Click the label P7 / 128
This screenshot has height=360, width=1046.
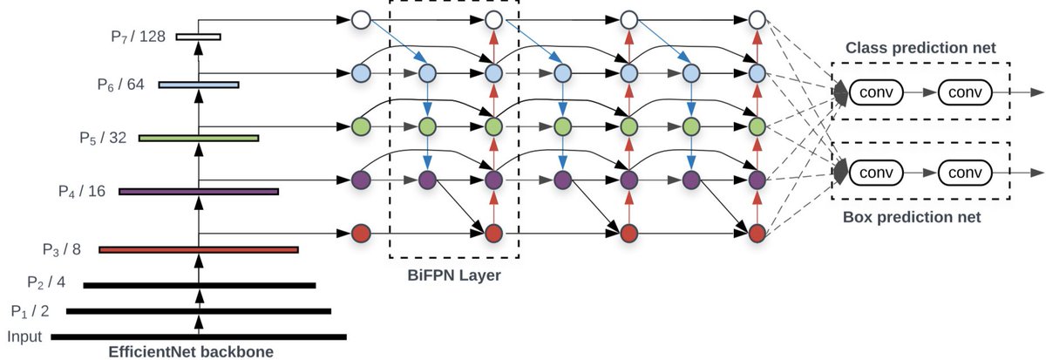point(138,37)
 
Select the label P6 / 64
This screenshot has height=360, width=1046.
point(121,85)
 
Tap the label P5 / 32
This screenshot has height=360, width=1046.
point(103,138)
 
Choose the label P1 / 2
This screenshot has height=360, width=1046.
point(31,311)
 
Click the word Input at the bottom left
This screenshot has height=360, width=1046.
point(24,336)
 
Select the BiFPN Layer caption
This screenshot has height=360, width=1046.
point(453,277)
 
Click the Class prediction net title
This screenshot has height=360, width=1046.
point(920,46)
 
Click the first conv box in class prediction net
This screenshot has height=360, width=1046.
point(876,91)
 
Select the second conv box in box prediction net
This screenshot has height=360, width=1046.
point(966,171)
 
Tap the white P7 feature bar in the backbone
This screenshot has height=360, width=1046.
point(198,37)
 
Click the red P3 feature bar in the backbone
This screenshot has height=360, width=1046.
point(199,250)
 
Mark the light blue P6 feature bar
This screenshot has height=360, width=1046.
point(199,85)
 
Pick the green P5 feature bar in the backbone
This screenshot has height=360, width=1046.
point(199,138)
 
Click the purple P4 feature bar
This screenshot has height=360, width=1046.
point(199,191)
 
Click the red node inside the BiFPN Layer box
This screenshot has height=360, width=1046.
point(493,234)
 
